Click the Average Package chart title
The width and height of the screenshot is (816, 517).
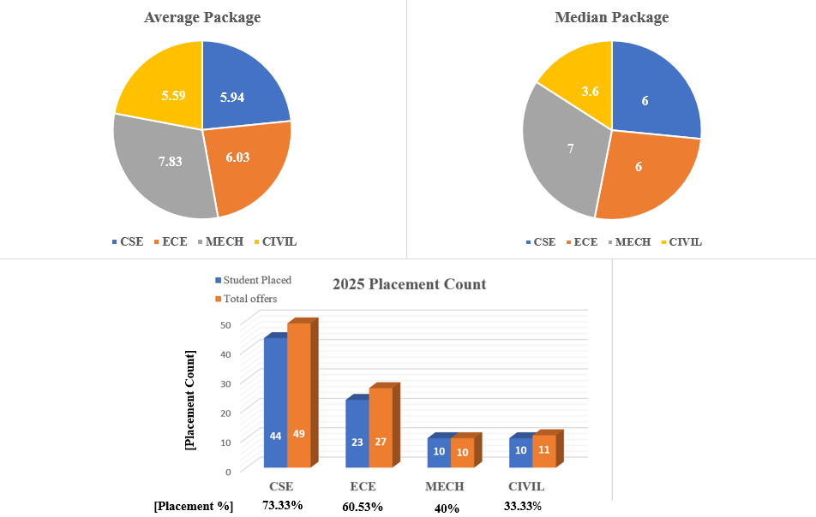pyautogui.click(x=202, y=17)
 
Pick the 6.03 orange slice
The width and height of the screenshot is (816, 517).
pyautogui.click(x=244, y=163)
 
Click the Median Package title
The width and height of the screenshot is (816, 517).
pyautogui.click(x=611, y=17)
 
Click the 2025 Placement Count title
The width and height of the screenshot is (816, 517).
pyautogui.click(x=409, y=284)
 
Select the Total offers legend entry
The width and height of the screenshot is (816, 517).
pyautogui.click(x=249, y=299)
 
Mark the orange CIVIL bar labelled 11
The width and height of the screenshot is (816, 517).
pyautogui.click(x=543, y=450)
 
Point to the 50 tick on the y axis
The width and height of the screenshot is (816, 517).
pyautogui.click(x=226, y=324)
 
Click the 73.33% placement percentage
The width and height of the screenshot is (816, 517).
pyautogui.click(x=283, y=505)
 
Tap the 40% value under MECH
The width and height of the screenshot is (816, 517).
pyautogui.click(x=447, y=508)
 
